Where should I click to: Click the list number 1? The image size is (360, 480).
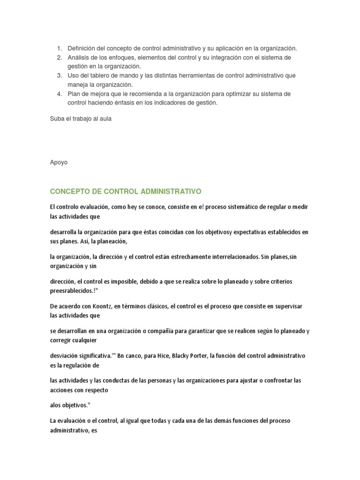[x=59, y=48]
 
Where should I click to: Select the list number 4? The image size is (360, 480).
[x=59, y=94]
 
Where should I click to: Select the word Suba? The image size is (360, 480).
[x=57, y=119]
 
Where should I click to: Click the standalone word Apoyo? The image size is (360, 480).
[x=59, y=162]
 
